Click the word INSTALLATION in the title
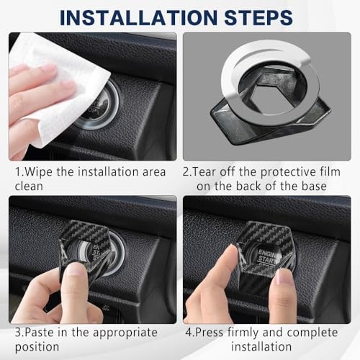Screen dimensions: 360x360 click(139, 17)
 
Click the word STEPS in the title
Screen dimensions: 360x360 click(258, 17)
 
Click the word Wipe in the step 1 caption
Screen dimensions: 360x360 click(38, 172)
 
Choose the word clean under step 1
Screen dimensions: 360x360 click(29, 186)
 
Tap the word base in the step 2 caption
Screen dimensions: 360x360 click(314, 186)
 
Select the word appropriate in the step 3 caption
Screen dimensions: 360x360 click(125, 333)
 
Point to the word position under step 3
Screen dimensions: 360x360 click(37, 347)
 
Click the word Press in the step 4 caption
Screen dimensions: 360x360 click(209, 333)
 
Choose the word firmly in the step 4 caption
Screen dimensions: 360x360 click(243, 333)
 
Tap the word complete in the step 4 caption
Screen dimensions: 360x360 click(312, 333)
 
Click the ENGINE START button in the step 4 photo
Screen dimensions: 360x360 click(266, 258)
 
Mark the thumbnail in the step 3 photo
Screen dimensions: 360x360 click(75, 269)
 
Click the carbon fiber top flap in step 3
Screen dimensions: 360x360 click(89, 232)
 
